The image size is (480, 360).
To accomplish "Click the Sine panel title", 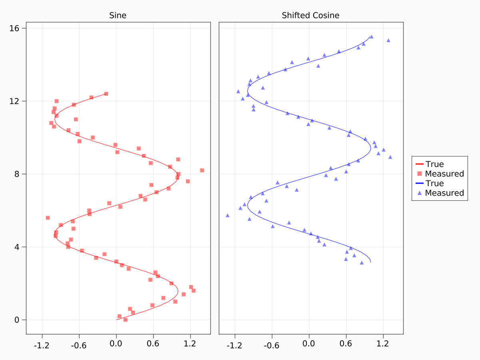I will point(118,16).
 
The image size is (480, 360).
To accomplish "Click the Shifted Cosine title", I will point(310,16).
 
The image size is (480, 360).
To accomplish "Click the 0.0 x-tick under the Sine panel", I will point(116,344).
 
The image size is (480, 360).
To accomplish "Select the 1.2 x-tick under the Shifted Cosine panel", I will point(383,344).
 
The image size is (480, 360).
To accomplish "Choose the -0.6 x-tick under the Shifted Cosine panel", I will point(271,344).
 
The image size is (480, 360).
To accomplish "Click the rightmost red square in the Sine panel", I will point(202,170).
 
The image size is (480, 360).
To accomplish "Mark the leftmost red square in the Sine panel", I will point(48,218).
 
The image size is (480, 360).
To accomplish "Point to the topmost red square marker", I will point(106,94).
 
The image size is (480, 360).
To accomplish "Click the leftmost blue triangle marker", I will point(228,215).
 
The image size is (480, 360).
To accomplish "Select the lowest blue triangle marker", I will point(362,263).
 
